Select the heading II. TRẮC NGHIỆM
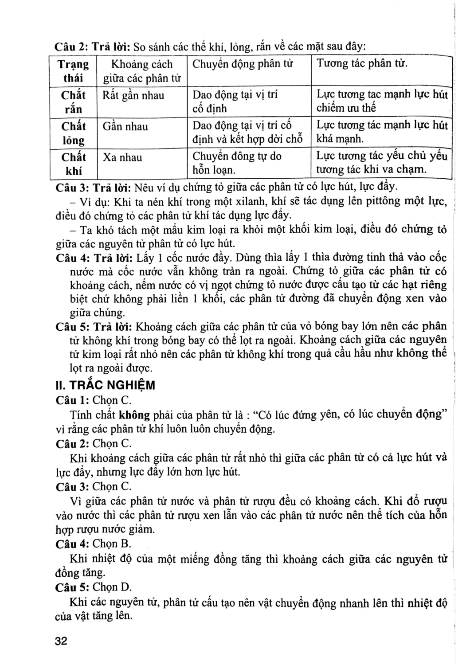(x=105, y=385)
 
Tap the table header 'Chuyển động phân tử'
(x=243, y=64)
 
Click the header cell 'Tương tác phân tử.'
(x=362, y=63)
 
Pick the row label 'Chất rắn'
(x=73, y=102)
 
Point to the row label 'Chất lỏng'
(x=73, y=133)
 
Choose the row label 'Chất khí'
(x=73, y=164)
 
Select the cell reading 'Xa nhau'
(x=122, y=157)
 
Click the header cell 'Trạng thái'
(x=73, y=71)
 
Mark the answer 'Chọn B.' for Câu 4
(x=112, y=544)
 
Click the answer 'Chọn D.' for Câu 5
(x=112, y=587)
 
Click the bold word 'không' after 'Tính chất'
(x=134, y=415)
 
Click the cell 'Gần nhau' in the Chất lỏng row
(x=125, y=126)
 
